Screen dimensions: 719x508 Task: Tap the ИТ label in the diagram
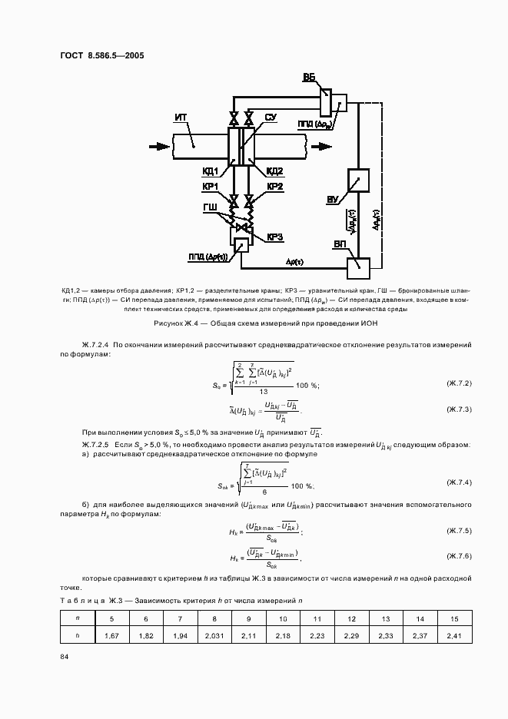[181, 117]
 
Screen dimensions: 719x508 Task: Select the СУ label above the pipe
[271, 117]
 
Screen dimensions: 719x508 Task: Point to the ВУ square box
[359, 181]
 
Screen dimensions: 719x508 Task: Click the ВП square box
[359, 267]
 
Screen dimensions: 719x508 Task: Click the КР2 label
[274, 187]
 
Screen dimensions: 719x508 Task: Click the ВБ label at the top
[309, 78]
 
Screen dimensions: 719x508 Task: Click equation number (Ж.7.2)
[458, 383]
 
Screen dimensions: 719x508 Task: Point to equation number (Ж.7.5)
[458, 531]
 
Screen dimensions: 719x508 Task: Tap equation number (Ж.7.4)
[458, 482]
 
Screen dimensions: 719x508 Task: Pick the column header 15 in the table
[453, 618]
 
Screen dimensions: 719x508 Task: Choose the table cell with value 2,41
[453, 635]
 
